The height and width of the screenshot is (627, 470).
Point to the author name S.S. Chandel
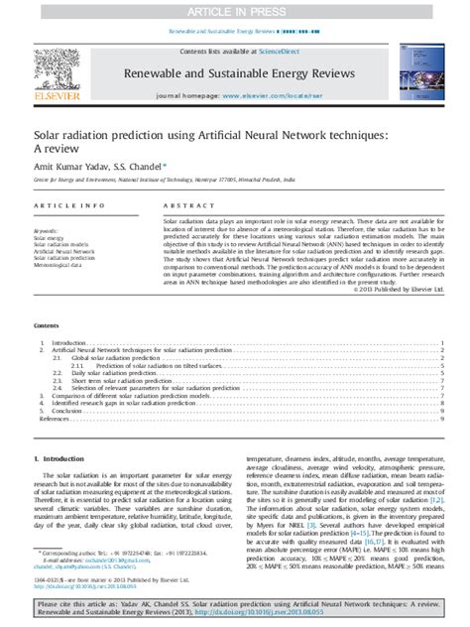(141, 168)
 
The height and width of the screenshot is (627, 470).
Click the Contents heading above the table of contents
(47, 324)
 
